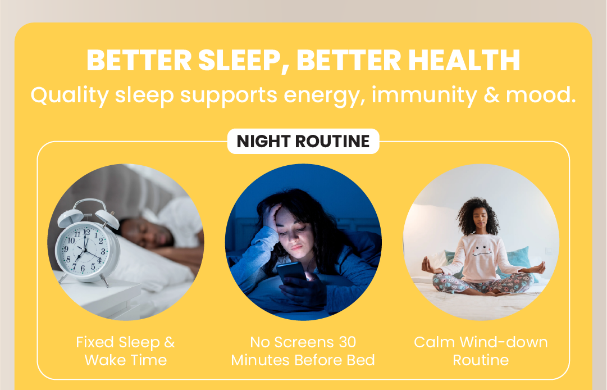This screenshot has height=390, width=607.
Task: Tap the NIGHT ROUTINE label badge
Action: (x=303, y=142)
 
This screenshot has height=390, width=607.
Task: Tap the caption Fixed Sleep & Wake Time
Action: (x=125, y=351)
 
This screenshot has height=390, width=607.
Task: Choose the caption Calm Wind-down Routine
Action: (x=481, y=351)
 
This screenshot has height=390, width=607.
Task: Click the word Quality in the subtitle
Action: (x=69, y=95)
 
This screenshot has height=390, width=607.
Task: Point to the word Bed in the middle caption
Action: (x=360, y=360)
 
